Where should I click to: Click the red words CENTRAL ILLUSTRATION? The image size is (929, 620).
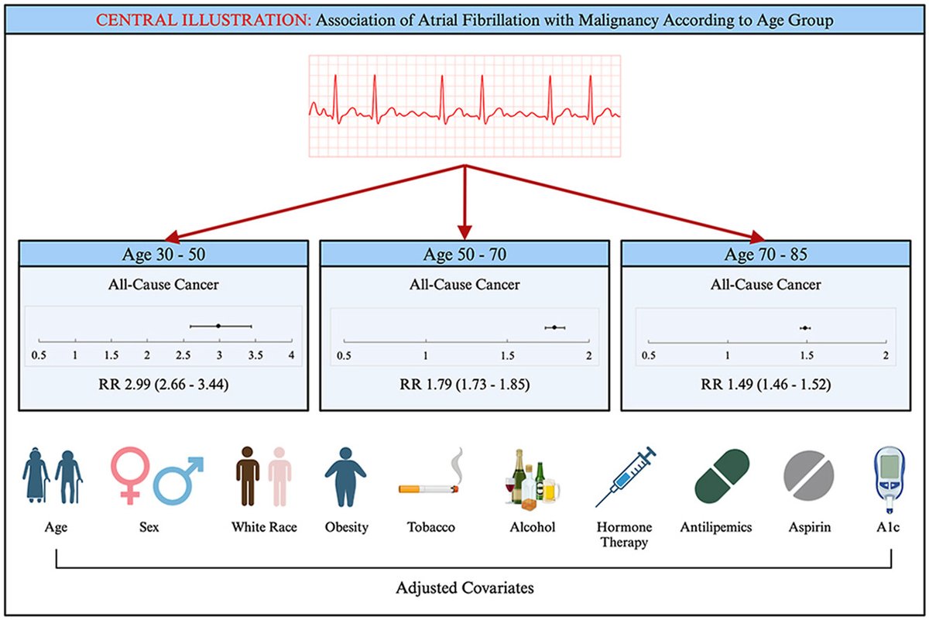[x=203, y=20]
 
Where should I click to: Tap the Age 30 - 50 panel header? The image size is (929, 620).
[x=163, y=254]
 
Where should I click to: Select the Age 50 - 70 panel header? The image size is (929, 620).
[x=464, y=254]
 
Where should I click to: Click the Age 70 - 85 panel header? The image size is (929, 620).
[x=766, y=254]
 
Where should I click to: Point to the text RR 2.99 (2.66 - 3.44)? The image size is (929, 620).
[x=163, y=384]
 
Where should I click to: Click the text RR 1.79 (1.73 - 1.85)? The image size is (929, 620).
[x=464, y=384]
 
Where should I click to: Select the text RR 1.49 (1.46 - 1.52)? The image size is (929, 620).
[x=766, y=384]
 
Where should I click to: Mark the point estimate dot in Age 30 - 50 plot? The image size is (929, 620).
[x=218, y=326]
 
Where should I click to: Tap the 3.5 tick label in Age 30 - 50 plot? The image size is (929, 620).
[x=255, y=355]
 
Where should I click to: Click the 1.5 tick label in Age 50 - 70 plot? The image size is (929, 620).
[x=507, y=355]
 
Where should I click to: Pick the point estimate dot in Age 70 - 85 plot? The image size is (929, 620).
[x=805, y=328]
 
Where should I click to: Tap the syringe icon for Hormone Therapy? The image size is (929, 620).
[x=626, y=477]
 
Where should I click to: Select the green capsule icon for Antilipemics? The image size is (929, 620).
[x=722, y=476]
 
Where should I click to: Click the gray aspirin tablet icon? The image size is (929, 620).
[x=809, y=476]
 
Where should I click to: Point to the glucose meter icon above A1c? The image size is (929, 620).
[x=890, y=479]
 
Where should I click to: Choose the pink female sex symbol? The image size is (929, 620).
[x=130, y=475]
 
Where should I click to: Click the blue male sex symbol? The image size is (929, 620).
[x=178, y=481]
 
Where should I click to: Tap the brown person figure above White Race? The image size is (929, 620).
[x=248, y=476]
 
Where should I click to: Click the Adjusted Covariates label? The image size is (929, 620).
[x=464, y=587]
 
